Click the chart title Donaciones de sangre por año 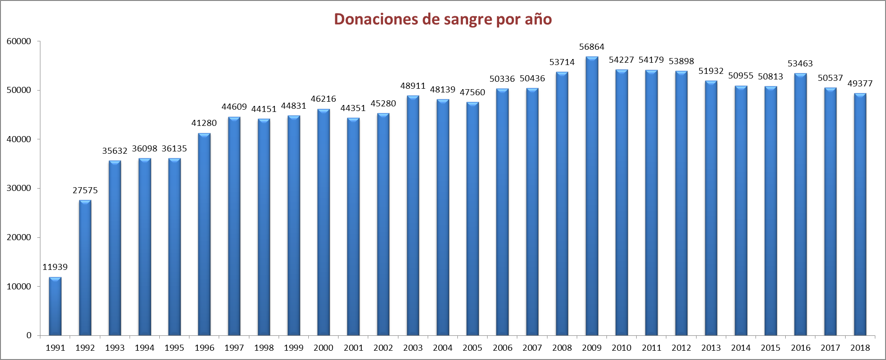click(x=443, y=19)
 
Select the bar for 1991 click(x=55, y=307)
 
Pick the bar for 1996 click(x=204, y=235)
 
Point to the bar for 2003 click(x=413, y=216)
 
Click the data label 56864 click(x=592, y=47)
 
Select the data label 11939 click(x=55, y=267)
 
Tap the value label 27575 click(x=85, y=190)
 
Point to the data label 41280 click(x=204, y=123)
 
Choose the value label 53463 click(x=800, y=64)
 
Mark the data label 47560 click(x=472, y=92)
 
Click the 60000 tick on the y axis click(x=19, y=41)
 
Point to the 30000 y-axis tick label click(x=19, y=188)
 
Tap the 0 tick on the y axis click(x=29, y=335)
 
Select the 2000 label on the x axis click(x=323, y=348)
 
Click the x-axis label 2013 click(x=711, y=348)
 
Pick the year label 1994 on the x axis click(x=144, y=348)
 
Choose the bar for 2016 click(x=800, y=204)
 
